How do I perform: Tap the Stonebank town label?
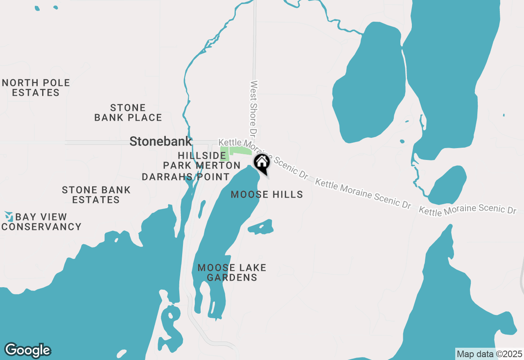click(160, 142)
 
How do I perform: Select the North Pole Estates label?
click(36, 88)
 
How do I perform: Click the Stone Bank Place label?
click(128, 113)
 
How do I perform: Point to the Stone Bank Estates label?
click(96, 195)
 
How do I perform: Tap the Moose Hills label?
click(267, 195)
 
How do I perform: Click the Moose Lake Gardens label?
click(232, 272)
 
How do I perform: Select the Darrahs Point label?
click(185, 177)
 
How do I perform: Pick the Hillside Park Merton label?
click(202, 160)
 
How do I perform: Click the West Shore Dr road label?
click(254, 108)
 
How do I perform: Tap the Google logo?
click(27, 351)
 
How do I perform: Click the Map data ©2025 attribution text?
click(489, 354)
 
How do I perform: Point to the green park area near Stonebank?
click(240, 151)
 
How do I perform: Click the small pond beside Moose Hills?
click(261, 227)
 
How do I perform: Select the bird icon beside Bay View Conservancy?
click(9, 216)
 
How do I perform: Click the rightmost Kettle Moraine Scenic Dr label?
click(468, 210)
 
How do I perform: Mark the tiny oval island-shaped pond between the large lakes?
click(402, 142)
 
